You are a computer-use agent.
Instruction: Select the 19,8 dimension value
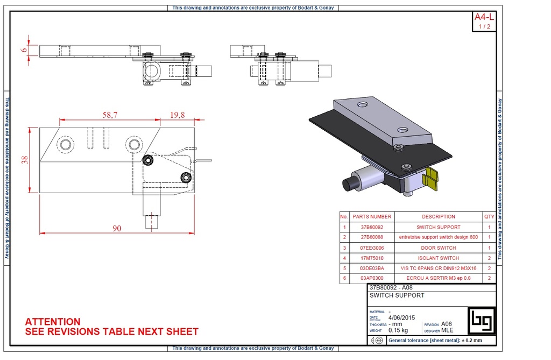coord(178,115)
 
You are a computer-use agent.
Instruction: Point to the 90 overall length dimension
coord(117,228)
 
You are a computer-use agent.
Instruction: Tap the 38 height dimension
coord(24,160)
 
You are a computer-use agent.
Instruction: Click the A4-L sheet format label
coord(484,17)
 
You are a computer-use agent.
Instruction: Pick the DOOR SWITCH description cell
coord(438,248)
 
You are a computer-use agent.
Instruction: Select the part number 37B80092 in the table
coord(372,228)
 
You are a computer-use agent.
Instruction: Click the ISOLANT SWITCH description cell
coord(438,258)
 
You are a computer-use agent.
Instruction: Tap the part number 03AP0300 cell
coord(372,279)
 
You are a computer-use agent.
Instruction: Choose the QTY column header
coord(489,217)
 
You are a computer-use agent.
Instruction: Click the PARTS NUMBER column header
coord(372,217)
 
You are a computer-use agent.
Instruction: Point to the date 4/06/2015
coord(402,317)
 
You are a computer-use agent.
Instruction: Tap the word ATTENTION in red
coord(53,322)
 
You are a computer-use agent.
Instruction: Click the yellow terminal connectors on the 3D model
coord(432,180)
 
